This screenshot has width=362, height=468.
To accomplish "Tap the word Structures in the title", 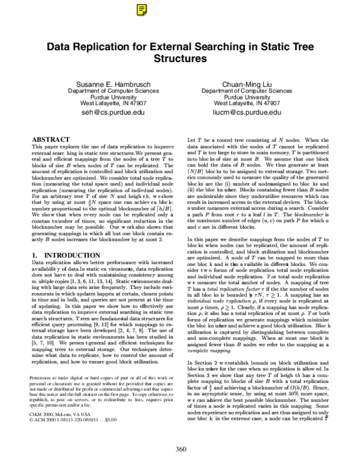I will pos(182,59).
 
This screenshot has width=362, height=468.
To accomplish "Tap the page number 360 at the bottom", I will pos(181,448).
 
